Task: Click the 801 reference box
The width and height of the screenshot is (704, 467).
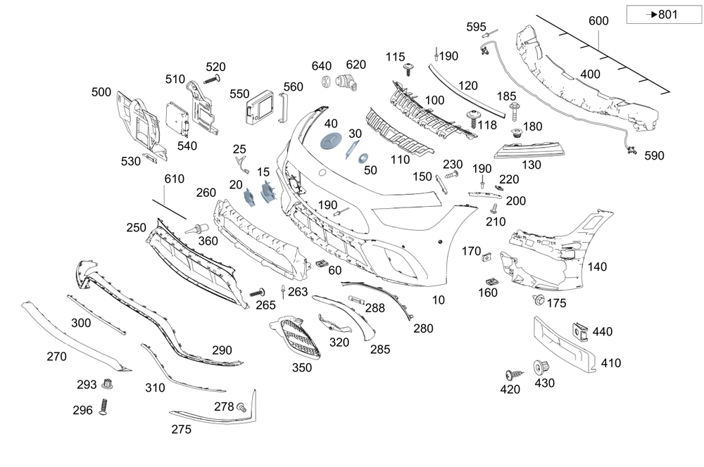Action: (x=654, y=15)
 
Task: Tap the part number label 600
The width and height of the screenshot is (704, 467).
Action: (x=598, y=22)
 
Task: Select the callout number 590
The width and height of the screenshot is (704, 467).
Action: (x=653, y=155)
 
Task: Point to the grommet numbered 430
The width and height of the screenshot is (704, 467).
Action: (x=541, y=367)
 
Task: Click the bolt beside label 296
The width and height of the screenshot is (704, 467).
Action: (x=104, y=407)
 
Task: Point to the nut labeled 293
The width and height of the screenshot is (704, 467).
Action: (x=108, y=384)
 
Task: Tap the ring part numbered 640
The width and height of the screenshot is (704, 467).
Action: (x=327, y=82)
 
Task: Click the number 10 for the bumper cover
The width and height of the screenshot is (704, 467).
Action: (x=439, y=300)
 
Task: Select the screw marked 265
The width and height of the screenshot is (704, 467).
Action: (x=257, y=292)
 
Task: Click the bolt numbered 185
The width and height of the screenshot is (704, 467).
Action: (x=515, y=109)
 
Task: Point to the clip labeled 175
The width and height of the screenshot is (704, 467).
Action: (x=538, y=301)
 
